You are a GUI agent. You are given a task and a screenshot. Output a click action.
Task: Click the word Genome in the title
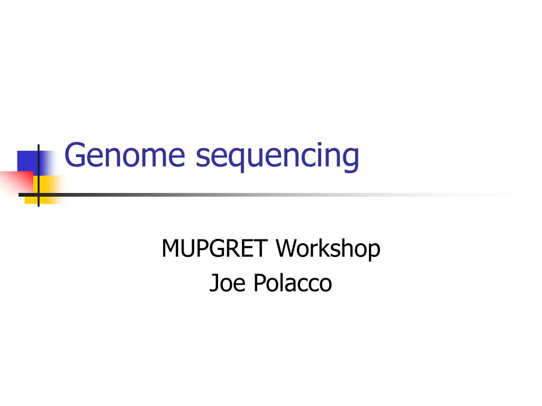click(124, 155)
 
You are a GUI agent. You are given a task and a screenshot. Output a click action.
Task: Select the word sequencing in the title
click(277, 158)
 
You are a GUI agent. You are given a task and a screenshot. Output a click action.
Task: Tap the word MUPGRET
click(215, 248)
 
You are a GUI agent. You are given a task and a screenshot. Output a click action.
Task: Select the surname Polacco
click(293, 283)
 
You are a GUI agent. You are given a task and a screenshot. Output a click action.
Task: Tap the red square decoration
click(16, 182)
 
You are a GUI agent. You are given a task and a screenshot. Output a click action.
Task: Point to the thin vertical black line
click(38, 176)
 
